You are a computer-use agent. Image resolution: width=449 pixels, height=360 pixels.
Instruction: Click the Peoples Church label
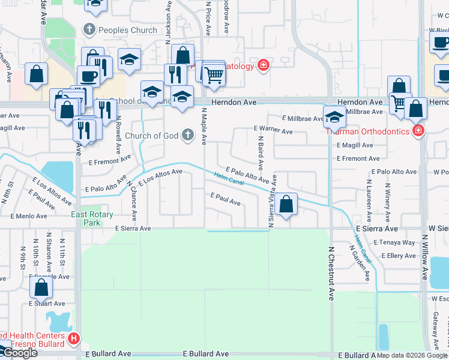pyautogui.click(x=128, y=29)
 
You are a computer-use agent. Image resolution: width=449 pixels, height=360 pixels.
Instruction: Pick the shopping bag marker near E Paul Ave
pyautogui.click(x=287, y=205)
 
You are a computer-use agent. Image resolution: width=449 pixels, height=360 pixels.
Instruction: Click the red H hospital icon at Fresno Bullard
pyautogui.click(x=74, y=339)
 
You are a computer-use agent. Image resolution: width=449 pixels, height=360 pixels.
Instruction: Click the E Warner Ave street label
pyautogui.click(x=273, y=128)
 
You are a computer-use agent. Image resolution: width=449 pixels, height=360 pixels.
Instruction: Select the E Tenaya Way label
pyautogui.click(x=394, y=242)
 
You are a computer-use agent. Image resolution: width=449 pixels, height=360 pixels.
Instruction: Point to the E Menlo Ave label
pyautogui.click(x=25, y=216)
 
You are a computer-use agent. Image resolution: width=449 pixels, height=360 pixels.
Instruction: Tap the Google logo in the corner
pyautogui.click(x=19, y=353)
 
